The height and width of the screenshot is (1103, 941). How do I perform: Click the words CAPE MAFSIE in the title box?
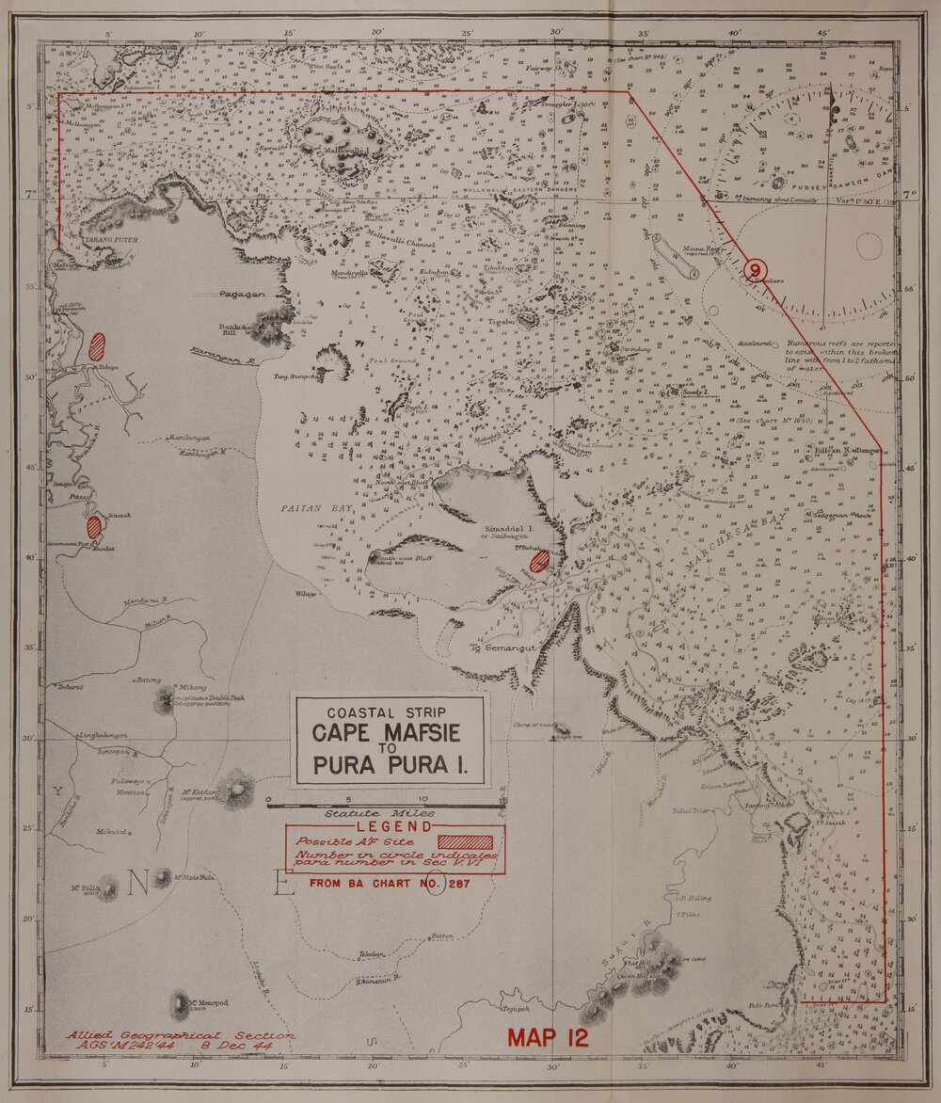click(x=391, y=732)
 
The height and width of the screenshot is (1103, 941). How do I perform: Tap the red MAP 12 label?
click(x=548, y=1038)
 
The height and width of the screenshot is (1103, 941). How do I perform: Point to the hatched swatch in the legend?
click(x=466, y=840)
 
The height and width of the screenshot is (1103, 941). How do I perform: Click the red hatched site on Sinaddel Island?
click(x=539, y=561)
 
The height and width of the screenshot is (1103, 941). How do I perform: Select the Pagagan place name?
click(x=243, y=294)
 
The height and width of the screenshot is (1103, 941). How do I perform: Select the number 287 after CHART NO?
click(x=458, y=884)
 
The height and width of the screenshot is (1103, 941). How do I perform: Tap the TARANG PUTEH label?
click(x=112, y=240)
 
